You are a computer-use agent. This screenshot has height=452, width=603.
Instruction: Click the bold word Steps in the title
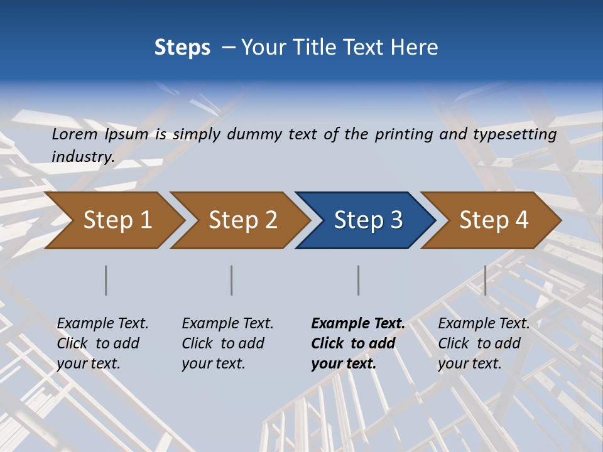[182, 48]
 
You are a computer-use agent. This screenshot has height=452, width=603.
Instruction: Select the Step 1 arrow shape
[113, 220]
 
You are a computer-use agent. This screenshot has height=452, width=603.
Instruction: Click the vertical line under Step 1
[106, 280]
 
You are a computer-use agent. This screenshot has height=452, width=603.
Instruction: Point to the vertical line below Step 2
[232, 280]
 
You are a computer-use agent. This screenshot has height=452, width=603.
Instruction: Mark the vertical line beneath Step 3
[359, 280]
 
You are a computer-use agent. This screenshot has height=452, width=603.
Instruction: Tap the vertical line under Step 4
[486, 280]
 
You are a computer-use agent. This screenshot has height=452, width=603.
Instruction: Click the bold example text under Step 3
[357, 343]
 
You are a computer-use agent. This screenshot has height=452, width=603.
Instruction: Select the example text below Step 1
[102, 343]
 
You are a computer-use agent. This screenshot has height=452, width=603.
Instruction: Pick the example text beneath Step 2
[227, 343]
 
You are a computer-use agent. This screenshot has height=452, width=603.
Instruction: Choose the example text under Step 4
[483, 343]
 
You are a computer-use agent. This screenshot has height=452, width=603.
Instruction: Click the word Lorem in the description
[75, 134]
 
